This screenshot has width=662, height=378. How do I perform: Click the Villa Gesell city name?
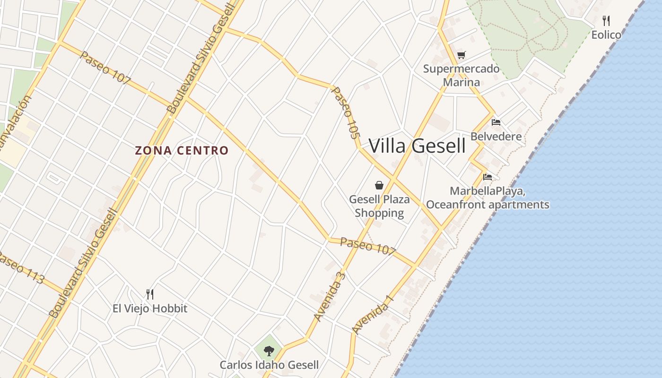(417, 146)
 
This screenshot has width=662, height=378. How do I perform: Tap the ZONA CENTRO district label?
(182, 151)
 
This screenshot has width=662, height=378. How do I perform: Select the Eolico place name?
(606, 34)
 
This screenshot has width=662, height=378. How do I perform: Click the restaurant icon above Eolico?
(606, 21)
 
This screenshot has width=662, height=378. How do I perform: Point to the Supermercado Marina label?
(461, 75)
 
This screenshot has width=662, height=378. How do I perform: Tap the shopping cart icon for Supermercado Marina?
(461, 55)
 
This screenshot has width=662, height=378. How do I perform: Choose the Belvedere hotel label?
(496, 137)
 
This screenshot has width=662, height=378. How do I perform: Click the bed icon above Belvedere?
(496, 122)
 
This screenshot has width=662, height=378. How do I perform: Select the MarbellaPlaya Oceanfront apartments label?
(488, 198)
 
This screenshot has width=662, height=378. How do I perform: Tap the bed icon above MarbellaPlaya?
(488, 177)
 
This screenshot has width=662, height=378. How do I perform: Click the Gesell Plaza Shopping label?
(379, 206)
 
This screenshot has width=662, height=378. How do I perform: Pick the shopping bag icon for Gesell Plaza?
(379, 185)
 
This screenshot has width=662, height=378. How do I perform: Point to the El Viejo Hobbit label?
(150, 309)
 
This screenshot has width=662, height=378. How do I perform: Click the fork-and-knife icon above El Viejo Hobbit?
(150, 294)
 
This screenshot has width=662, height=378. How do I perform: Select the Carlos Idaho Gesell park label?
(269, 365)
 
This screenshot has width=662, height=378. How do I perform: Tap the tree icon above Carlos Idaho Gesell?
(269, 351)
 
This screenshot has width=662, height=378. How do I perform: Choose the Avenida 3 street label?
(330, 297)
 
